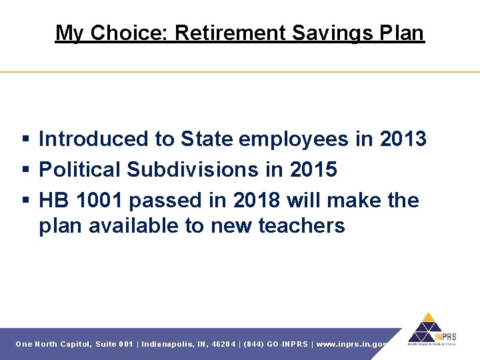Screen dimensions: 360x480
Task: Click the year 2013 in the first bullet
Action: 403,139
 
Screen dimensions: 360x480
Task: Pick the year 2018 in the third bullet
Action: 263,200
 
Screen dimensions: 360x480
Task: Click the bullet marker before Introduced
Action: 25,139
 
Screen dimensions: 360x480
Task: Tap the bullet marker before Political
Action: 25,170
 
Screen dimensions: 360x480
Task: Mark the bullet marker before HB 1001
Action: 25,201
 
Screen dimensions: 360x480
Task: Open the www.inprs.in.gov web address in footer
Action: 351,344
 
